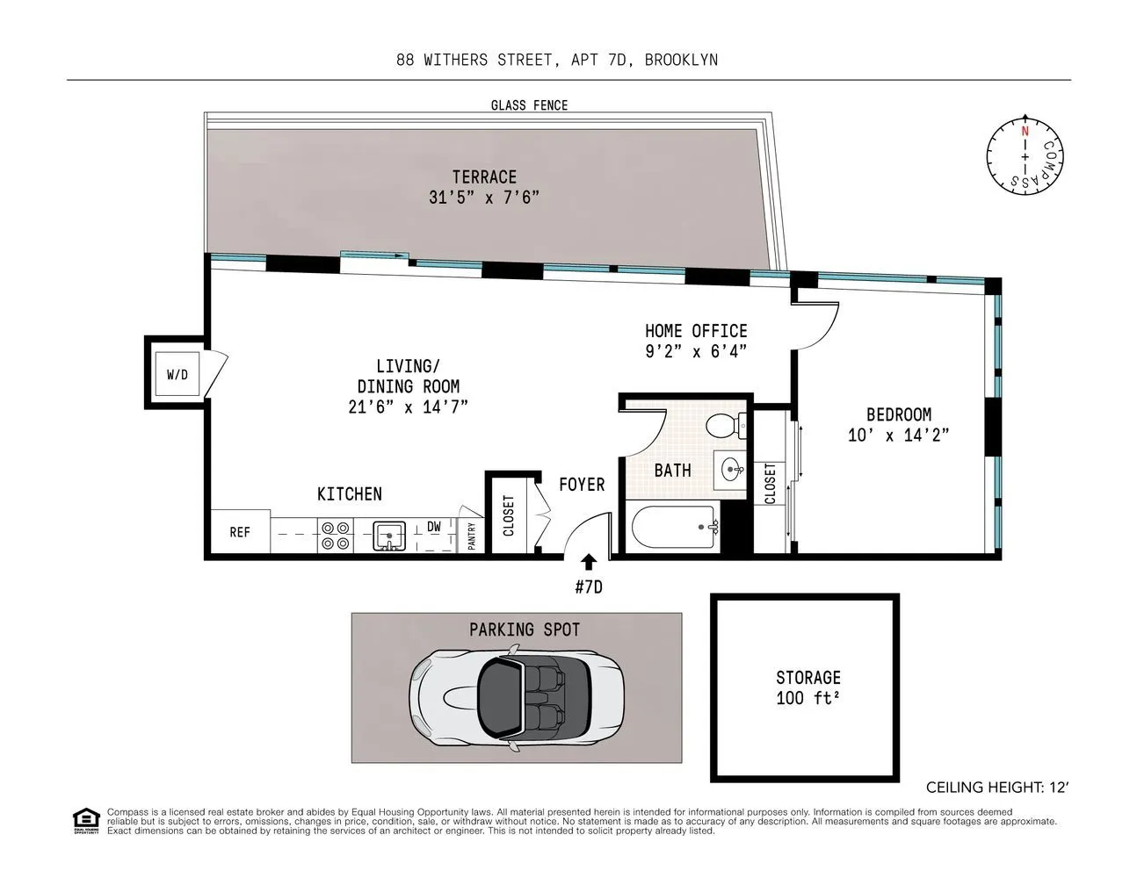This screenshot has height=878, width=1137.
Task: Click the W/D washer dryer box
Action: point(177,375)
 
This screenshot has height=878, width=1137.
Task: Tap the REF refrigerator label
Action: point(240,532)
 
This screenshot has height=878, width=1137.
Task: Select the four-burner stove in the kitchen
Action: point(335,535)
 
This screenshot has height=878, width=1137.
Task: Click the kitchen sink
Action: point(388,535)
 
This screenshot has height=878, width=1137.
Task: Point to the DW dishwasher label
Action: point(434,527)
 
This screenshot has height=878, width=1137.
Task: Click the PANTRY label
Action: point(472,536)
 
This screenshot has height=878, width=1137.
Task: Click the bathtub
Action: point(673,528)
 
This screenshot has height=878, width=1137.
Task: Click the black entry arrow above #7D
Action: point(588,562)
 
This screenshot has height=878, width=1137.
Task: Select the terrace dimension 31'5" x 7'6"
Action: point(484,198)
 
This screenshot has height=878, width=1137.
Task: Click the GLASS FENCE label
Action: point(529,105)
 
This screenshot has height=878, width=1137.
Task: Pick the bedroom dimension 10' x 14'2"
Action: point(898,435)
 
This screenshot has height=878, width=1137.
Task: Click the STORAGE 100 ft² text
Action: point(808,688)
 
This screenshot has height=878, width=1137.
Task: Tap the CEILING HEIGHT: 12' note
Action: point(997,788)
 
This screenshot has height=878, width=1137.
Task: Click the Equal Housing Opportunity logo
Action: point(85,821)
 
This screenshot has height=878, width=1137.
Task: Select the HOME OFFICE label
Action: point(696,331)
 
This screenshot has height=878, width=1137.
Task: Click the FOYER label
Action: point(582,485)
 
